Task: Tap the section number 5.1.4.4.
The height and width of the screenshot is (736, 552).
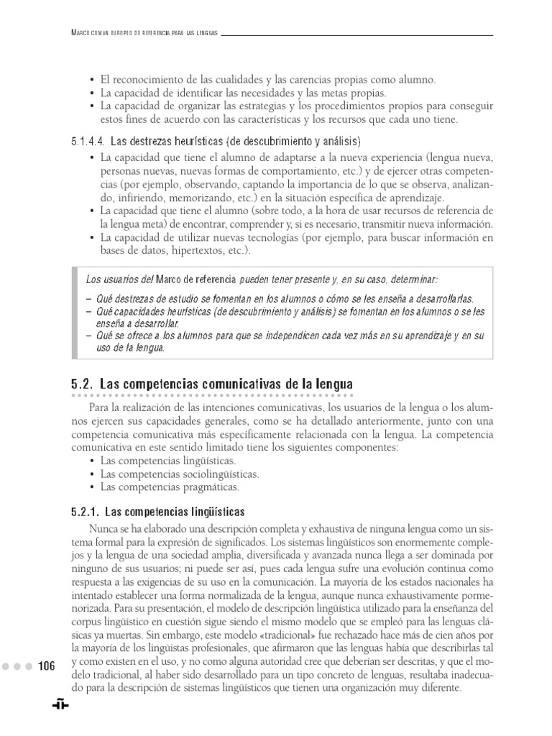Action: point(91,140)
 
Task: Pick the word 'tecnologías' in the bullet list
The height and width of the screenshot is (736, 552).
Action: point(270,237)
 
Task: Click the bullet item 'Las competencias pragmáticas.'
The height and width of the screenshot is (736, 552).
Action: point(170,487)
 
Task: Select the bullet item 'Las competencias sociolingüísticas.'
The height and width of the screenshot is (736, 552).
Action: point(180,474)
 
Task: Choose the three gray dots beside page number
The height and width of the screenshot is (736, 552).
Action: point(17,666)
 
